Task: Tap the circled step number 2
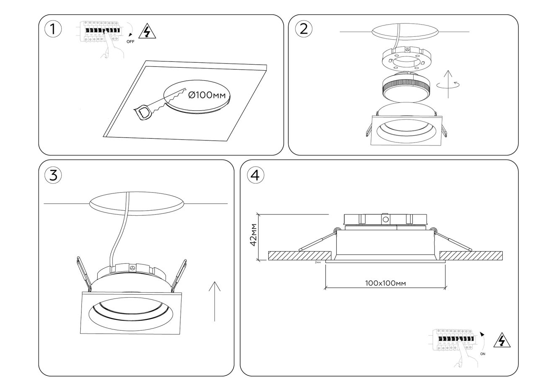coord(303,28)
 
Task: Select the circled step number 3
coord(53,175)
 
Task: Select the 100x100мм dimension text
coord(385,283)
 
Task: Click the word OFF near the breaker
coord(130,42)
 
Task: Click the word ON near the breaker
coord(483,354)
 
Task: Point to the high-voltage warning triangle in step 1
coord(145,32)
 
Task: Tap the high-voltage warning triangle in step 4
coord(502,341)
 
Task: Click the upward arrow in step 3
coord(214,301)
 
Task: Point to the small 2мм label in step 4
coord(318,263)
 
